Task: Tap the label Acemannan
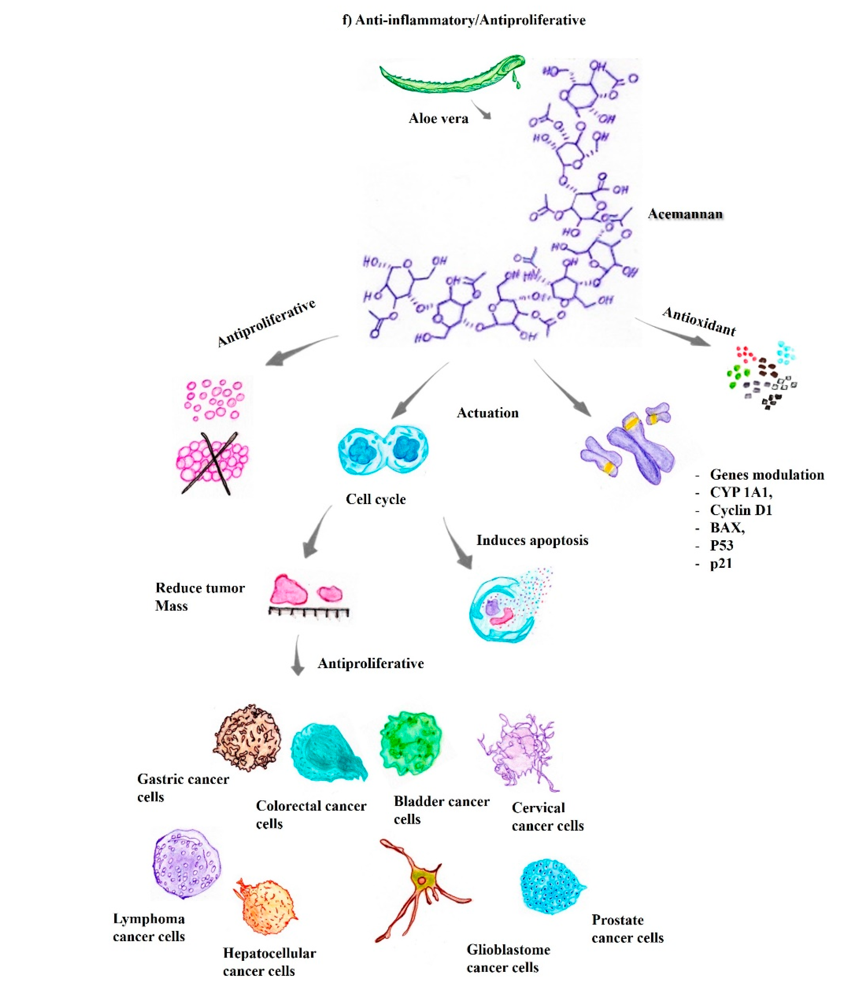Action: pyautogui.click(x=685, y=214)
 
